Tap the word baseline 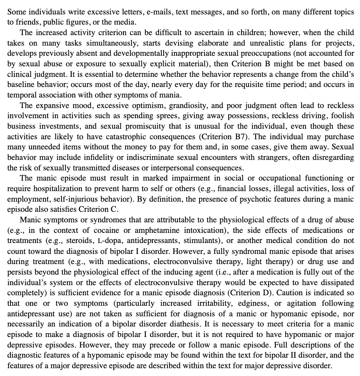point(20,85)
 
